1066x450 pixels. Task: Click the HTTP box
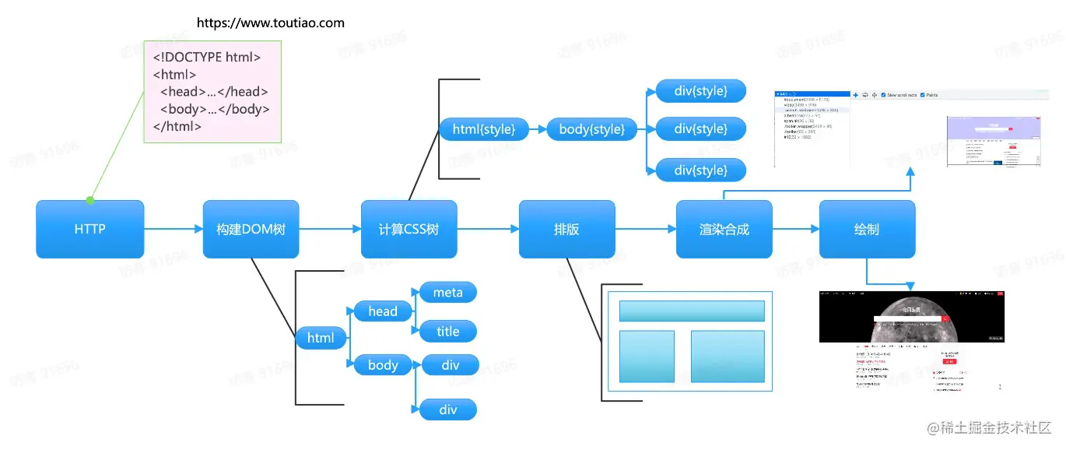pos(89,229)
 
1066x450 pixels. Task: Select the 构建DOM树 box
pos(251,229)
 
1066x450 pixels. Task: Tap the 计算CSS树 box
pos(409,229)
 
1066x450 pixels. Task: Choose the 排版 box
pos(566,229)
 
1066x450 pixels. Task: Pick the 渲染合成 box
pos(724,229)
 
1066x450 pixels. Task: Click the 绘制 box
pos(867,229)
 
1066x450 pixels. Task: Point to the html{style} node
pos(483,129)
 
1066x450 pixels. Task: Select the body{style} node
pos(591,129)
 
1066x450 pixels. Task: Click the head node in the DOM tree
pos(383,311)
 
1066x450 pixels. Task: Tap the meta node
pos(447,293)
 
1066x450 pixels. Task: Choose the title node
pos(447,332)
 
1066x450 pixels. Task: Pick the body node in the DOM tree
pos(383,365)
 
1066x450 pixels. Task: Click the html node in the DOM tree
pos(321,338)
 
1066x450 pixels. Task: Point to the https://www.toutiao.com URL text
pos(270,23)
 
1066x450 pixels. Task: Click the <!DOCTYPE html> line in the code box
pos(206,57)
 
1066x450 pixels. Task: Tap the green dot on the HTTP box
pos(90,200)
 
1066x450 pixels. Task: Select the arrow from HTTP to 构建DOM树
pos(173,229)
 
